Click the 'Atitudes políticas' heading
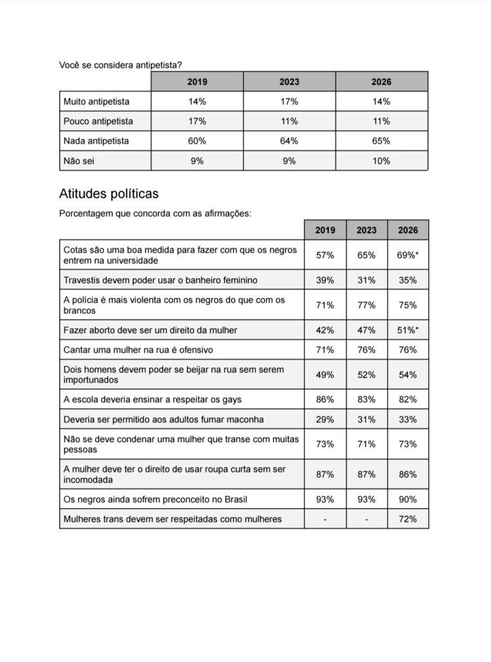click(109, 194)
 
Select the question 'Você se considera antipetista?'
click(120, 65)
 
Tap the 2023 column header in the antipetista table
click(289, 82)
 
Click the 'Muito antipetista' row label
click(96, 101)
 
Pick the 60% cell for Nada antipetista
click(197, 141)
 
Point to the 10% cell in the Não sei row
click(381, 161)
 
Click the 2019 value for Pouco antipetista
click(197, 121)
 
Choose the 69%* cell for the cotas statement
click(408, 255)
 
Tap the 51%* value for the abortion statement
click(408, 330)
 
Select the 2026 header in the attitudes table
click(408, 230)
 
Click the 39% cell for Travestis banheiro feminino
click(325, 280)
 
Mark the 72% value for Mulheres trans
click(408, 519)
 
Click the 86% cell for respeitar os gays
click(325, 400)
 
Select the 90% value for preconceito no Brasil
click(408, 499)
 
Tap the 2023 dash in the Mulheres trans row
click(366, 519)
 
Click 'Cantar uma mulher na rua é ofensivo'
click(138, 350)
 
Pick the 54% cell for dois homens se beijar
click(408, 375)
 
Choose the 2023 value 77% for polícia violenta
click(366, 305)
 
